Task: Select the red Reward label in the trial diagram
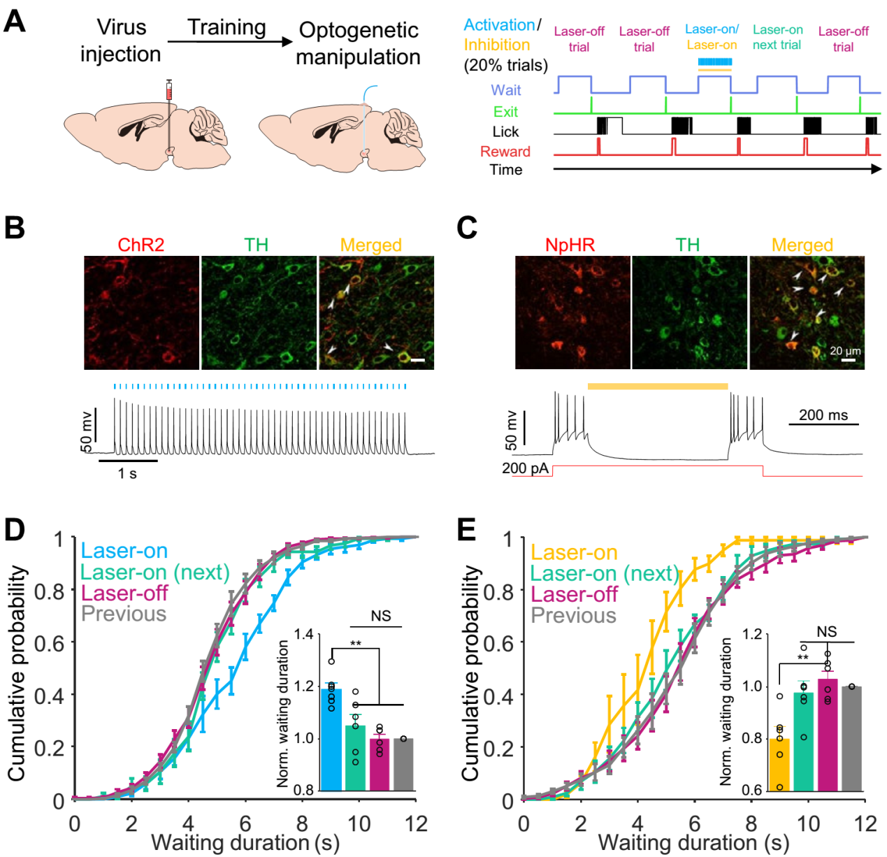pyautogui.click(x=505, y=152)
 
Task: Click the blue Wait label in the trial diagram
pyautogui.click(x=505, y=90)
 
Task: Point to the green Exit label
pyautogui.click(x=505, y=112)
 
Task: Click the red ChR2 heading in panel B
pyautogui.click(x=141, y=245)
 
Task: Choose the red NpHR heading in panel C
pyautogui.click(x=570, y=245)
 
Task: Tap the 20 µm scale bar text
pyautogui.click(x=845, y=351)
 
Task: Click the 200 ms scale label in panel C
pyautogui.click(x=823, y=415)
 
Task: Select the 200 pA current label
pyautogui.click(x=525, y=468)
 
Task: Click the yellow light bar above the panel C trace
pyautogui.click(x=657, y=386)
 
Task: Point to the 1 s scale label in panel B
pyautogui.click(x=127, y=474)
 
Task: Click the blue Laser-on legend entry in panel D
pyautogui.click(x=124, y=551)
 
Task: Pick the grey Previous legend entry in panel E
pyautogui.click(x=573, y=616)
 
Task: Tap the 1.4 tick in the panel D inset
pyautogui.click(x=303, y=635)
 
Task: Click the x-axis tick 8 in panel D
pyautogui.click(x=302, y=824)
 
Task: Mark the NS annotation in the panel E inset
pyautogui.click(x=826, y=632)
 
